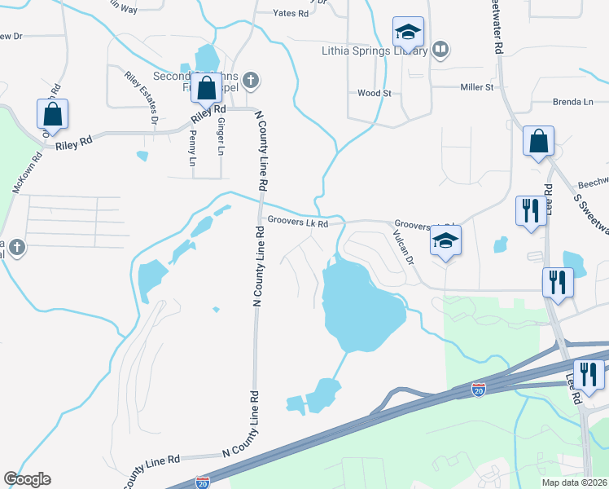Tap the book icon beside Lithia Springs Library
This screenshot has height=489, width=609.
(440, 51)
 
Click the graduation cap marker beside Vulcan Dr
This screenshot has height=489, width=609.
(445, 241)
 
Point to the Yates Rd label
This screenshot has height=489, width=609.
(291, 14)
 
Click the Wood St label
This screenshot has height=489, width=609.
(375, 93)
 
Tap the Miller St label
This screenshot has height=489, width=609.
(477, 87)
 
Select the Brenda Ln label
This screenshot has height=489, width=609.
(572, 102)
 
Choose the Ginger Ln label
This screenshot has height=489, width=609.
(221, 136)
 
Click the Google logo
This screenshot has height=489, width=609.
(27, 479)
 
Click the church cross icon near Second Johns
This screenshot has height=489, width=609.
(252, 80)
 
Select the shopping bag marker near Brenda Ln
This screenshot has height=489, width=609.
(538, 141)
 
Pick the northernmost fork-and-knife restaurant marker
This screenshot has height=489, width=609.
(530, 211)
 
